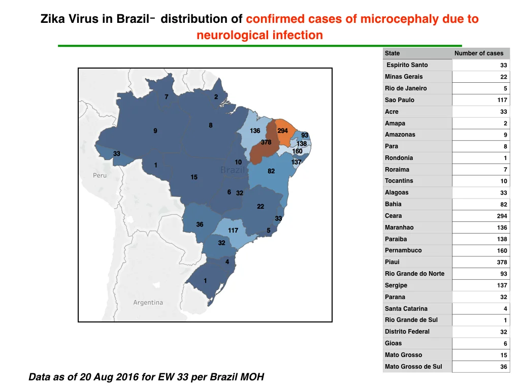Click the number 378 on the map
click(x=266, y=142)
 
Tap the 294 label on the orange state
click(x=282, y=131)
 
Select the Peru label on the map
click(x=100, y=175)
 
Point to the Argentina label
click(x=148, y=303)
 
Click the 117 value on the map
click(x=233, y=230)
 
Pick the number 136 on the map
click(x=255, y=131)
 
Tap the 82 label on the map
click(x=271, y=171)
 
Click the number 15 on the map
click(x=194, y=177)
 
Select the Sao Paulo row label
click(x=400, y=100)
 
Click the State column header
click(x=393, y=53)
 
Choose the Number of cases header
click(x=479, y=53)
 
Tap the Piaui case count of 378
click(x=502, y=262)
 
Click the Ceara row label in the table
click(x=394, y=215)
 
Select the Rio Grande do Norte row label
click(x=414, y=274)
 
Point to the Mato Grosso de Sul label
click(x=413, y=367)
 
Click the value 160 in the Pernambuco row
click(x=502, y=250)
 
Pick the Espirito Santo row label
click(x=407, y=65)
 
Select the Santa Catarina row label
click(x=406, y=308)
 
